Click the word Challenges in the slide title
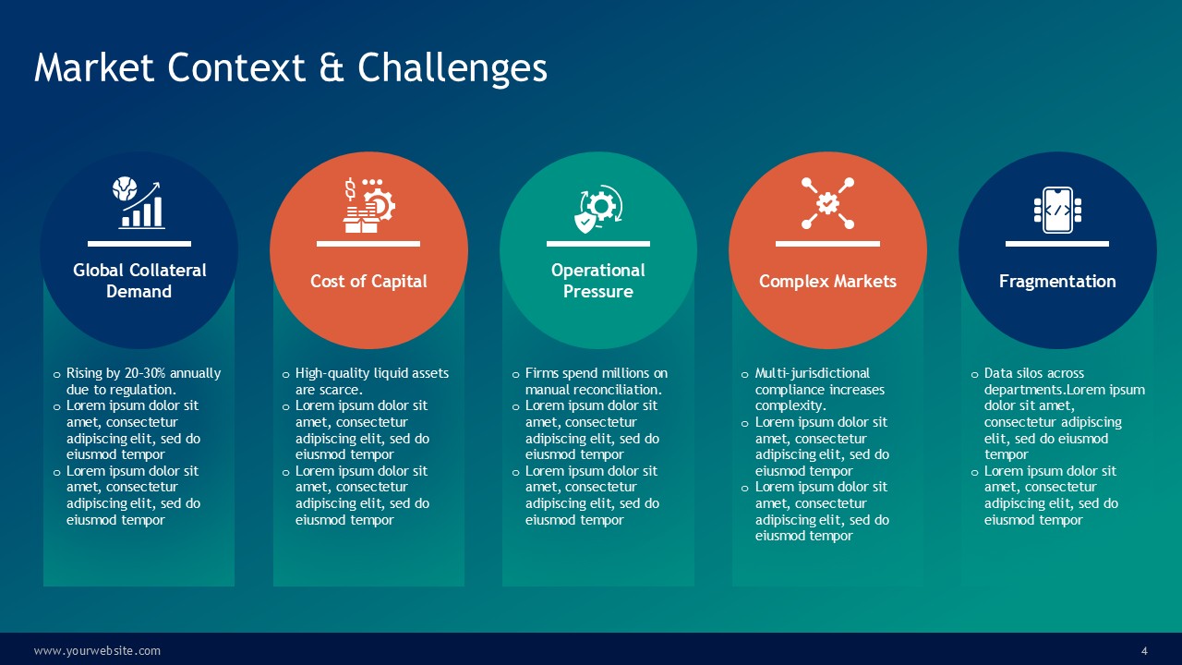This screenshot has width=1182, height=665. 452,68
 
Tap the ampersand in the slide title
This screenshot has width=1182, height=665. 332,68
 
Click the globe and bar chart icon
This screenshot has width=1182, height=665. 139,202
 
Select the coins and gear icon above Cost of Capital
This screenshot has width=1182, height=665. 368,205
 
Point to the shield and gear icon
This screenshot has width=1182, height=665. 598,209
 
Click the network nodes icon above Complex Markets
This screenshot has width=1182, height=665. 827,203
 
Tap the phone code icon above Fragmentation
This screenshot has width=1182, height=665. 1057,210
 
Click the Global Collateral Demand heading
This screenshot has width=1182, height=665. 139,281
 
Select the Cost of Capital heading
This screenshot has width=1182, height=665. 368,282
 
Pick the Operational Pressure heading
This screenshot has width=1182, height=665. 597,281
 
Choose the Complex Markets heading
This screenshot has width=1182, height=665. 827,282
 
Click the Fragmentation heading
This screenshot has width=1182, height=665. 1057,282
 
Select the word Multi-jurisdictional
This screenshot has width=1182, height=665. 812,374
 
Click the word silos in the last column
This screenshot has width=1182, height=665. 1034,373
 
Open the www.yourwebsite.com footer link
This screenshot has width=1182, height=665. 97,651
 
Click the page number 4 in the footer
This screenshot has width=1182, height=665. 1144,651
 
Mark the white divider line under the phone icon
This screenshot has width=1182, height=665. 1057,244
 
